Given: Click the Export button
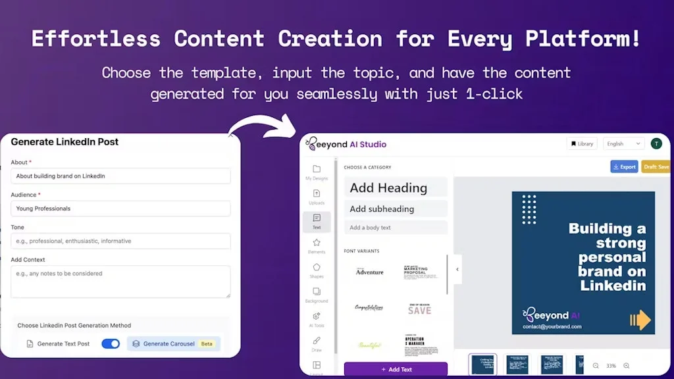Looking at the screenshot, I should click(623, 166).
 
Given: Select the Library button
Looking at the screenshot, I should click(582, 143).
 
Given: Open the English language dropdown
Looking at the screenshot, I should click(624, 143).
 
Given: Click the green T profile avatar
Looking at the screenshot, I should click(656, 143).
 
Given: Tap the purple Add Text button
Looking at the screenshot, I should click(396, 369).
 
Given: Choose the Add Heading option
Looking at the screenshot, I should click(396, 188).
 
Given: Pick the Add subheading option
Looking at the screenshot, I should click(396, 209).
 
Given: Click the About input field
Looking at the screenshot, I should click(120, 176).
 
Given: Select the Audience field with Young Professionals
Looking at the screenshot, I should click(120, 209).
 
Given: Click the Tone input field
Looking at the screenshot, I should click(120, 241).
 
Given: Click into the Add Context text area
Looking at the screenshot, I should click(120, 281).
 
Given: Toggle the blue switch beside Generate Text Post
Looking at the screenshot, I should click(111, 343).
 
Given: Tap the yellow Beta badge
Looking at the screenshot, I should click(207, 343).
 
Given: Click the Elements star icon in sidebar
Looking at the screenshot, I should click(317, 243).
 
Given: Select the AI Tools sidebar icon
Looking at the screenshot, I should click(317, 316).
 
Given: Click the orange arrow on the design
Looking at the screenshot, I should click(640, 320).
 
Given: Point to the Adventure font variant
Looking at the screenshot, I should click(369, 271).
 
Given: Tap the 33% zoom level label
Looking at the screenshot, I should click(611, 366).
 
